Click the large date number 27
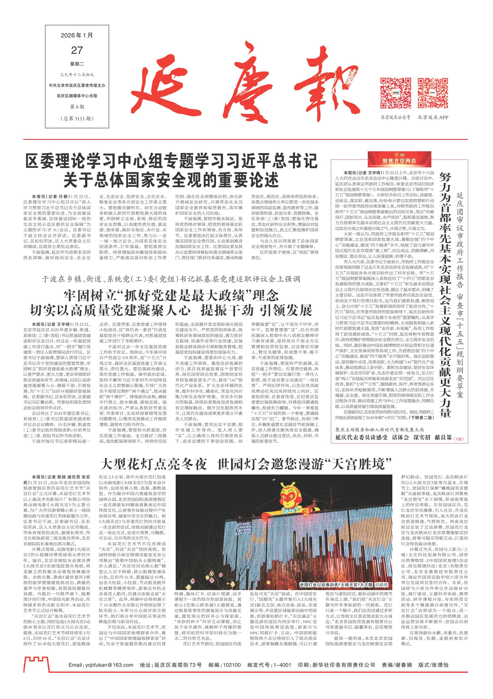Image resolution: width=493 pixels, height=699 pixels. coord(77,50)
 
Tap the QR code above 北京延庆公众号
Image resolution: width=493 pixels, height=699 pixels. coord(396,93)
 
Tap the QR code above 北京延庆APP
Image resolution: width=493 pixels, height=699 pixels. coord(433,93)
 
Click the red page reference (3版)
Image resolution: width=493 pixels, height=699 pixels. coord(459,439)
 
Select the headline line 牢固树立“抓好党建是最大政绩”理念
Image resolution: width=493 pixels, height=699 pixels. coord(171,296)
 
